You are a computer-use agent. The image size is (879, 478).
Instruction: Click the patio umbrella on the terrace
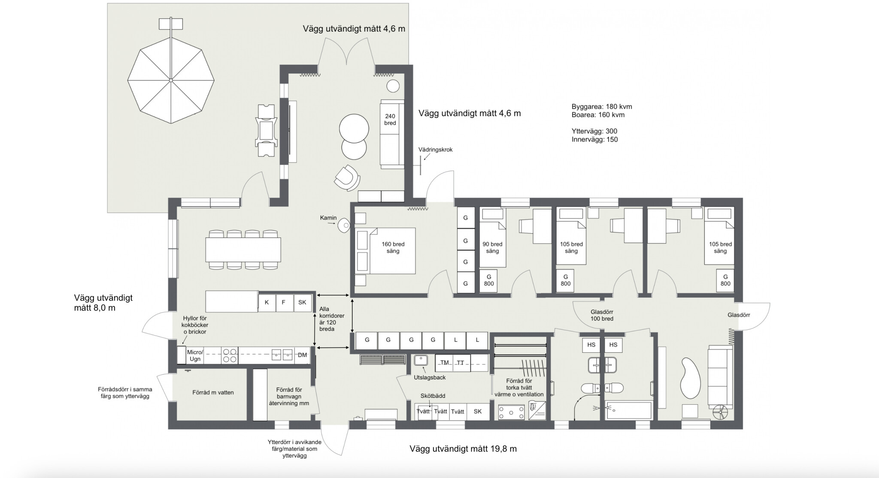pyautogui.click(x=171, y=80)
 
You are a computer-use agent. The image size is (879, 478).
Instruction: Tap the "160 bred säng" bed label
pyautogui.click(x=393, y=248)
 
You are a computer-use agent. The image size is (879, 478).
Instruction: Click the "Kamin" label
pyautogui.click(x=328, y=218)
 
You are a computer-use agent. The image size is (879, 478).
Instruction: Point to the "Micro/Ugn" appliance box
pyautogui.click(x=195, y=355)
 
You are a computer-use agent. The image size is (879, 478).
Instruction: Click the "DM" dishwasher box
pyautogui.click(x=302, y=355)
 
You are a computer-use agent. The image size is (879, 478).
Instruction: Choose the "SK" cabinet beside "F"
pyautogui.click(x=302, y=302)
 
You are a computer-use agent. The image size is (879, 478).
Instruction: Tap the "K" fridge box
pyautogui.click(x=267, y=302)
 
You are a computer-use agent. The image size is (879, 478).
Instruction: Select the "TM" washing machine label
pyautogui.click(x=444, y=363)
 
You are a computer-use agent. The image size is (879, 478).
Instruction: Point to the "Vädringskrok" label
pyautogui.click(x=436, y=150)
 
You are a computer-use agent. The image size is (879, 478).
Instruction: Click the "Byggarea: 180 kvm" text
pyautogui.click(x=602, y=107)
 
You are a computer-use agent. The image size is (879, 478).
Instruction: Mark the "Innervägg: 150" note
pyautogui.click(x=595, y=139)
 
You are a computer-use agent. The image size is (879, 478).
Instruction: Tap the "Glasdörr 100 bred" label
pyautogui.click(x=602, y=315)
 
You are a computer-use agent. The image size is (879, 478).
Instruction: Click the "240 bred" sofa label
pyautogui.click(x=390, y=120)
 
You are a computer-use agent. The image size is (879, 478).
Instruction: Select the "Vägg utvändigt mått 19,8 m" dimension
pyautogui.click(x=463, y=449)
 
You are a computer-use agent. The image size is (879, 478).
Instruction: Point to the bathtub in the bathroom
pyautogui.click(x=629, y=411)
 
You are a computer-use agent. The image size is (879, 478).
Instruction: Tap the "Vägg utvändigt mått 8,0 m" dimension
pyautogui.click(x=103, y=303)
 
